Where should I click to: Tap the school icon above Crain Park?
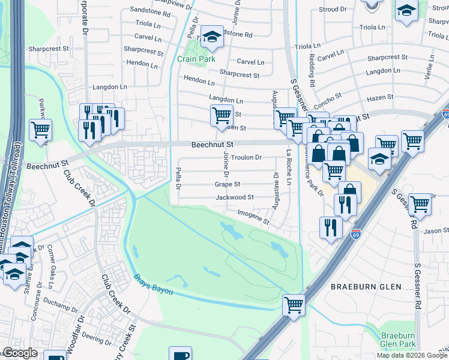211,37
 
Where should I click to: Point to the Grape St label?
228,185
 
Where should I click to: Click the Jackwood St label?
234,197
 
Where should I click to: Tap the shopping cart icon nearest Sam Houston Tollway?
40,129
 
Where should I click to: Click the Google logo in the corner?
20,353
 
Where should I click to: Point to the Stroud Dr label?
333,10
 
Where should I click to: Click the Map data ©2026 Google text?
412,355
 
